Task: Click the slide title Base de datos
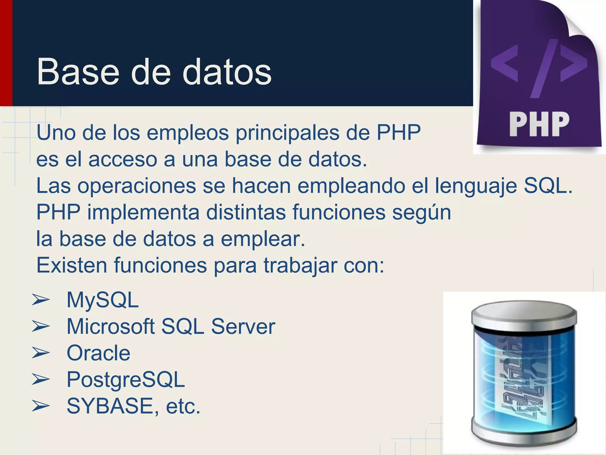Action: click(154, 72)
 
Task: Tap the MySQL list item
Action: click(102, 300)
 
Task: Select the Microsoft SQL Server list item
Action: click(171, 326)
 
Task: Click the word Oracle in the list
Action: click(98, 353)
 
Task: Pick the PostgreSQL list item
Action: click(125, 379)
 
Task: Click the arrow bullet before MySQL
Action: click(41, 300)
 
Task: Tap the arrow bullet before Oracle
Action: click(41, 353)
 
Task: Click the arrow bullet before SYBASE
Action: click(41, 406)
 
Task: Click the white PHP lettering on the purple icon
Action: click(539, 124)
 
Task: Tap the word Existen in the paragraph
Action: click(72, 265)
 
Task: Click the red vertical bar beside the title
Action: click(6, 53)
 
